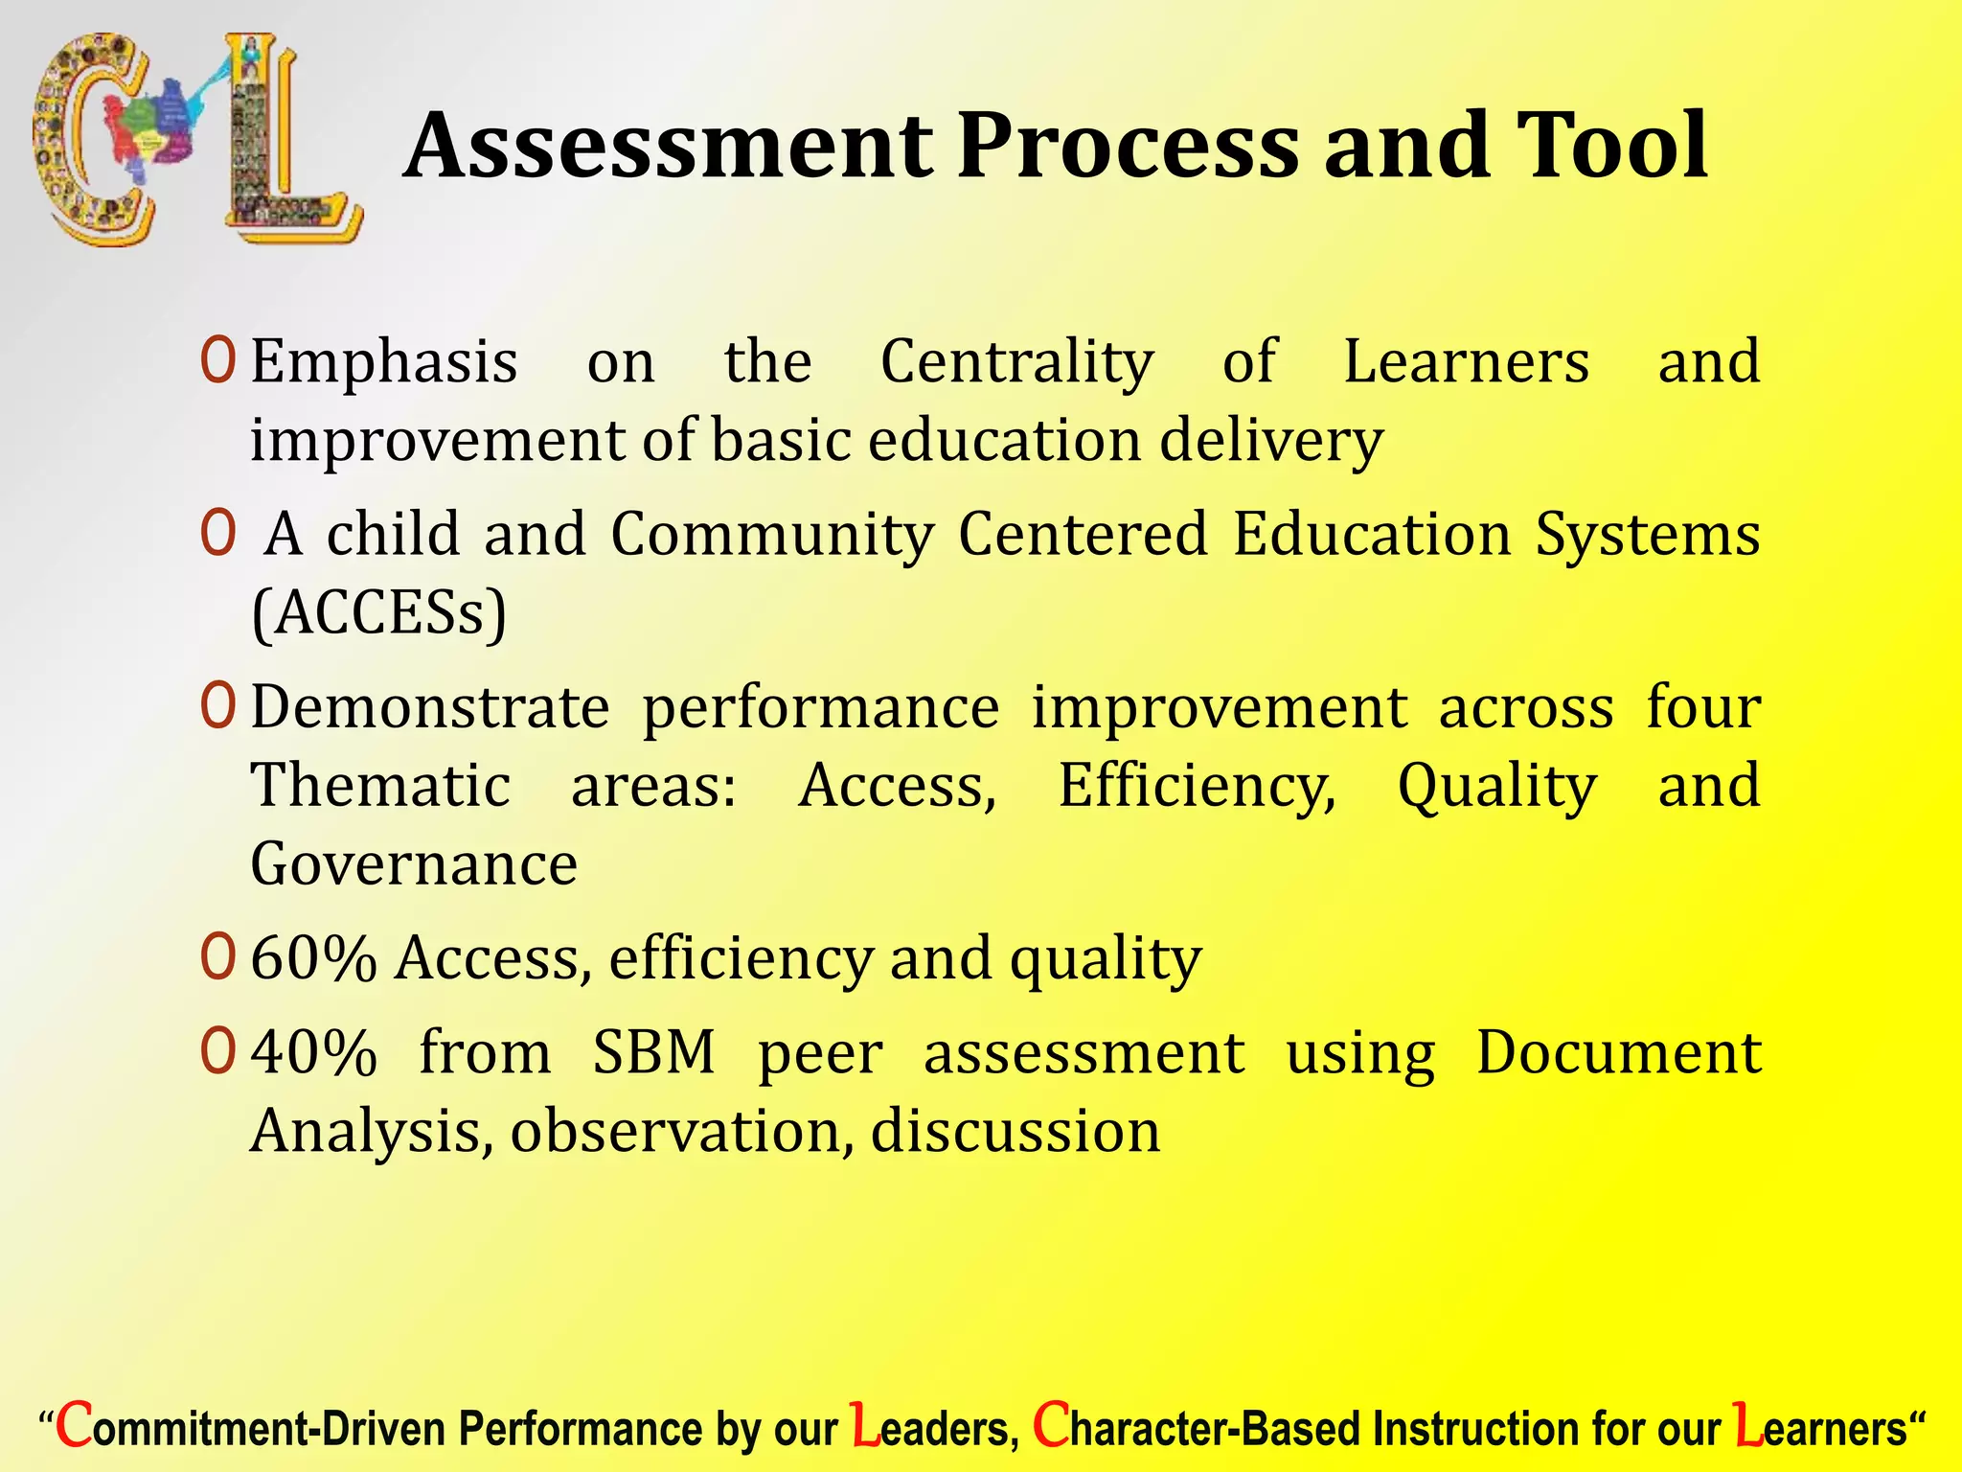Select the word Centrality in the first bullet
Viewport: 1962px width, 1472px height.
point(1016,362)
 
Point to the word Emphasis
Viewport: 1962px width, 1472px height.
point(384,362)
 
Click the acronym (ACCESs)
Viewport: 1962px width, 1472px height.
point(378,613)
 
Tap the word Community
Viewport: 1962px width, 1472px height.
point(772,534)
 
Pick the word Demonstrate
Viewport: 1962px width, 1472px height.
point(430,708)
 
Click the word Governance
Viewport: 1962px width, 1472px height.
point(414,864)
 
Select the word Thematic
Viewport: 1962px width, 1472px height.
point(380,786)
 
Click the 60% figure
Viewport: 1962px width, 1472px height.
point(313,958)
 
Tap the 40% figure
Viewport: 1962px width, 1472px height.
point(313,1053)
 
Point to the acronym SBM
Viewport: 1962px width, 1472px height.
point(653,1053)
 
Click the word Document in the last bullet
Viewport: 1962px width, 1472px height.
point(1618,1053)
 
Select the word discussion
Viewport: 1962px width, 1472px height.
point(1015,1132)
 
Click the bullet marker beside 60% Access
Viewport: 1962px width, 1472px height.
point(217,958)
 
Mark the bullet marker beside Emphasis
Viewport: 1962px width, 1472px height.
point(217,362)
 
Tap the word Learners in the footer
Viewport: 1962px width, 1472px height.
point(1820,1429)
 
